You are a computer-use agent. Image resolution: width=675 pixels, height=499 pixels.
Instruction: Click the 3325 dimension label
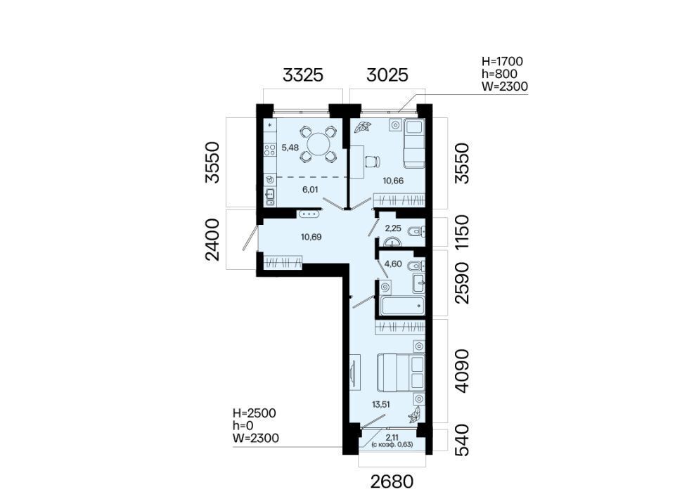(302, 74)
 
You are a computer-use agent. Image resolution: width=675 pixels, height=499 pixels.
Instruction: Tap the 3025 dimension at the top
(387, 74)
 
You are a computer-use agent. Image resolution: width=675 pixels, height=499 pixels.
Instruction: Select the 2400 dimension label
(212, 240)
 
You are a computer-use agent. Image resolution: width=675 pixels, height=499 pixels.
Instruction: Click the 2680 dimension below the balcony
(392, 482)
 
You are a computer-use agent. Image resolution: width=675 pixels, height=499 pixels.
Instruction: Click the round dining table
(318, 144)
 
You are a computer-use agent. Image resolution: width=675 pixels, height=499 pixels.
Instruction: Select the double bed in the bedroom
(400, 372)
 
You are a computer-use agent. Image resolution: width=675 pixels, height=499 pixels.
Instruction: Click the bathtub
(402, 306)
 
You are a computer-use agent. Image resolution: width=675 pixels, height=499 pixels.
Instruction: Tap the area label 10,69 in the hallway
(311, 237)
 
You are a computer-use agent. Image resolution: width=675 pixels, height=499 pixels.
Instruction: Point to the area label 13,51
(382, 403)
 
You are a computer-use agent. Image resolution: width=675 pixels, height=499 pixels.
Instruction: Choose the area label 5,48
(290, 148)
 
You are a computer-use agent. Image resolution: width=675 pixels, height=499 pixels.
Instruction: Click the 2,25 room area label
(393, 228)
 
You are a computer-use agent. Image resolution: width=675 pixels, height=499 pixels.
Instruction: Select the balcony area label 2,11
(392, 437)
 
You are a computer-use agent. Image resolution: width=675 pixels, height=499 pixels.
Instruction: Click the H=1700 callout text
(502, 62)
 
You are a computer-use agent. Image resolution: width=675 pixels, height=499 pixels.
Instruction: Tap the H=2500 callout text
(255, 413)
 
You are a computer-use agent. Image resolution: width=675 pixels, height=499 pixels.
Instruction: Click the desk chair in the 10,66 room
(373, 162)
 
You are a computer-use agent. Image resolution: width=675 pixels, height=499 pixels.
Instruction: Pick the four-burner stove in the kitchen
(270, 150)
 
